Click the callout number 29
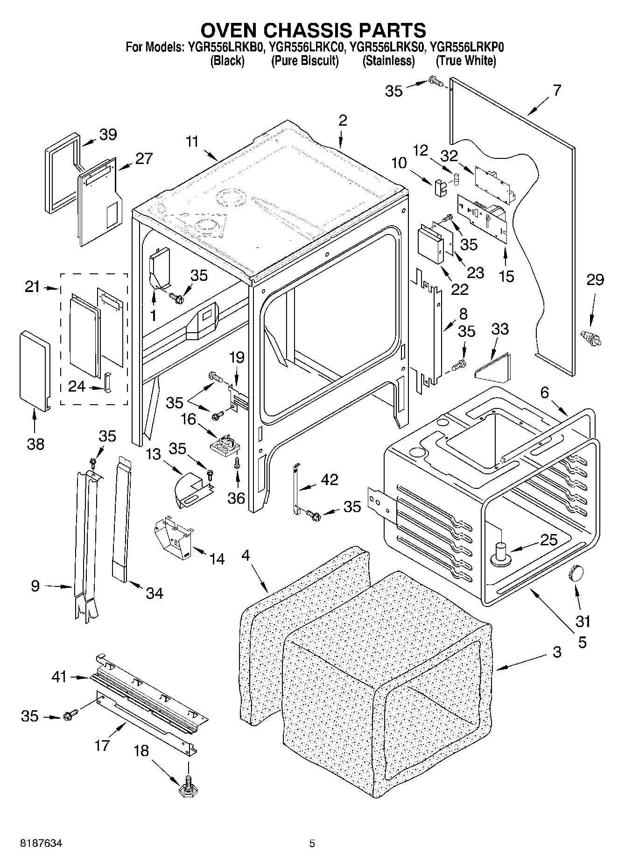click(595, 280)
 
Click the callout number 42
click(329, 479)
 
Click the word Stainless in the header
click(388, 61)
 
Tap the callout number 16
click(189, 419)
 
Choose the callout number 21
click(32, 287)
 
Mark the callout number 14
click(217, 558)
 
